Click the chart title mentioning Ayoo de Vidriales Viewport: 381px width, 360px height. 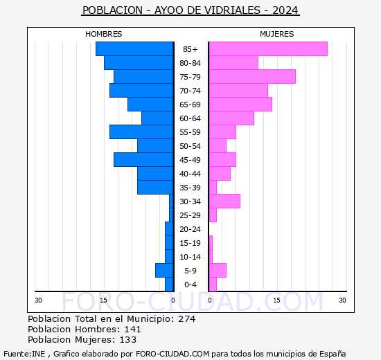click(190, 11)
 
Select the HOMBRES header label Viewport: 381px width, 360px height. click(103, 34)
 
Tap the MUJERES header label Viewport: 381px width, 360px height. click(276, 34)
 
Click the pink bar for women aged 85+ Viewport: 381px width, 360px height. click(267, 49)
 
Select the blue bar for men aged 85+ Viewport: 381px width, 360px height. click(134, 49)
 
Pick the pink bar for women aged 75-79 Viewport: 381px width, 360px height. click(251, 77)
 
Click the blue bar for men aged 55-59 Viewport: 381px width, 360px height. click(141, 132)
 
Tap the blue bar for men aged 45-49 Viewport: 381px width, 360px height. click(143, 160)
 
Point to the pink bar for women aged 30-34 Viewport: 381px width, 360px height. click(224, 201)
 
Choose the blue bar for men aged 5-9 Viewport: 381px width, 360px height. click(164, 271)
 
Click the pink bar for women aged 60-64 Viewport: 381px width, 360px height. click(231, 118)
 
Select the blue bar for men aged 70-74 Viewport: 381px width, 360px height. click(141, 91)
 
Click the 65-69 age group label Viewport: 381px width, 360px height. click(190, 105)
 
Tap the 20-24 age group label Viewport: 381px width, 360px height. click(190, 229)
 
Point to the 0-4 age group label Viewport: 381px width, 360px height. click(190, 285)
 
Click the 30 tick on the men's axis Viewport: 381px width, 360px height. click(39, 300)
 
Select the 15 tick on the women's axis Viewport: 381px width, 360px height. click(276, 300)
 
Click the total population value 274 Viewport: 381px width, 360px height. click(186, 319)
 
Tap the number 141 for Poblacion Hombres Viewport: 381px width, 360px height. click(132, 330)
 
